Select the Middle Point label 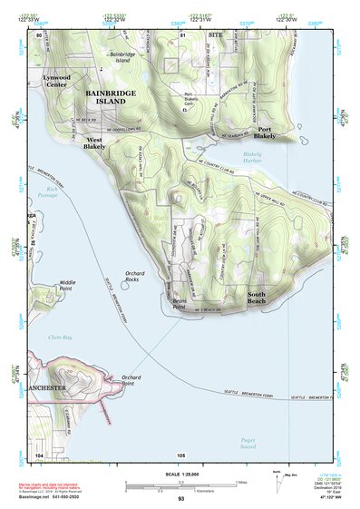(x=68, y=285)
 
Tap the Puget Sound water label (x=248, y=444)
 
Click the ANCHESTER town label (x=48, y=389)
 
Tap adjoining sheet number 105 (x=181, y=455)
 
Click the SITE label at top (x=215, y=34)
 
